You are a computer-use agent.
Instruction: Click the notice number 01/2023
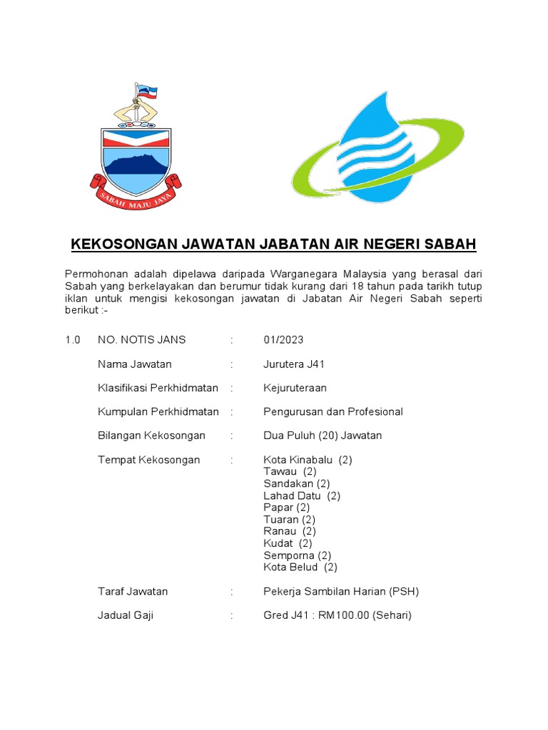coord(283,340)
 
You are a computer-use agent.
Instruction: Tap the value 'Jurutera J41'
coord(294,364)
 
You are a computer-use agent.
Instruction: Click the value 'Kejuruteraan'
coord(295,388)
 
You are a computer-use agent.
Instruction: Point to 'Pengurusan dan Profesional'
coord(333,411)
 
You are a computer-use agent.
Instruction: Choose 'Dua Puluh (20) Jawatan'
coord(323,436)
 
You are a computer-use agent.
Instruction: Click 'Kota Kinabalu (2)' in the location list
coord(308,460)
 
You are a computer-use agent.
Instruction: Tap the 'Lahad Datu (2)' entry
coord(302,495)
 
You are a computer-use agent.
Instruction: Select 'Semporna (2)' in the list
coord(297,555)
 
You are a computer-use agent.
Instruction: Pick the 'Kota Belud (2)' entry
coord(300,567)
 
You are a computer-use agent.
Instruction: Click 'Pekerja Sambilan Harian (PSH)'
coord(341,592)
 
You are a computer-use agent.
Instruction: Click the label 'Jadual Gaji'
coord(125,615)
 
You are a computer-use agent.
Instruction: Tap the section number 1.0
coord(73,340)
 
